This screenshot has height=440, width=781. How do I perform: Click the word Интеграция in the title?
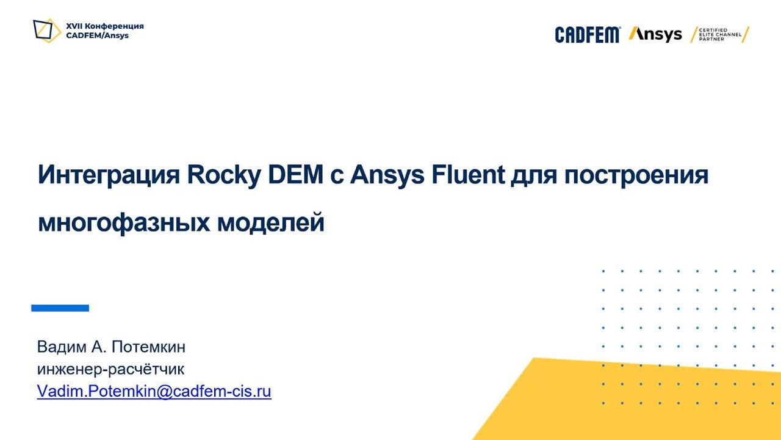tap(109, 175)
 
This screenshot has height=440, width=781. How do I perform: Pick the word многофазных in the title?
tap(123, 223)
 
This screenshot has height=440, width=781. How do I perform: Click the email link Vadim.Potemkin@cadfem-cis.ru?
tap(154, 392)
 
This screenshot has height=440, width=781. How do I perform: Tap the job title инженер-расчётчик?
tap(110, 369)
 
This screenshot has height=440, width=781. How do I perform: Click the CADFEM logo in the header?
tap(587, 35)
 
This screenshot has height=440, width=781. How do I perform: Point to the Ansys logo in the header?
tap(655, 34)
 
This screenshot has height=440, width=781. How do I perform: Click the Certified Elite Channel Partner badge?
tap(720, 35)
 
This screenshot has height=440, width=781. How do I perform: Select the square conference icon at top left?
tap(46, 31)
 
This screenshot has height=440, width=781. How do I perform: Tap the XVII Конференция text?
tap(105, 26)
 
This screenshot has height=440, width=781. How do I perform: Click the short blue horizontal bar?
tap(60, 308)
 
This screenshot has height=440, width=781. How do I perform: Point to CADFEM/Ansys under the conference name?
tap(97, 35)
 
